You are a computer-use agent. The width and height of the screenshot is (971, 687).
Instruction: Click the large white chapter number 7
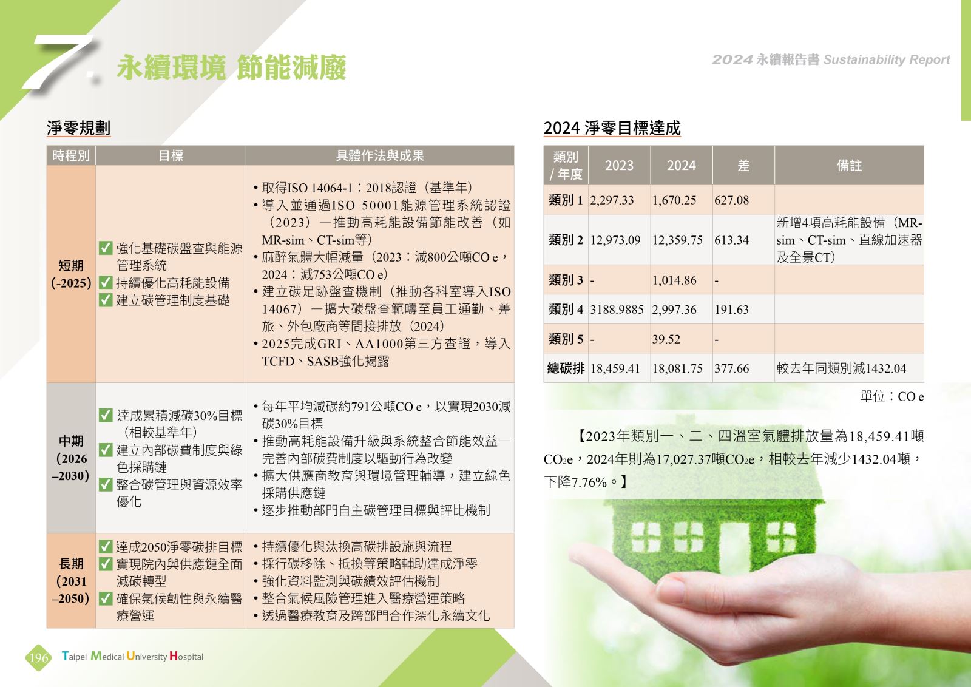(x=61, y=61)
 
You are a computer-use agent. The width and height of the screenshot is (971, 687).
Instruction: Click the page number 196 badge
(x=39, y=657)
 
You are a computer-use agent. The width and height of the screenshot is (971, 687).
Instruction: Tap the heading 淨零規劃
(x=78, y=128)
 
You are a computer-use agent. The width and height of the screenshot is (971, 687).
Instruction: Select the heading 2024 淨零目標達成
(x=612, y=128)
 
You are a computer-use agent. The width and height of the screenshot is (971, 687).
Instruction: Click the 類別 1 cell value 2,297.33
(x=612, y=200)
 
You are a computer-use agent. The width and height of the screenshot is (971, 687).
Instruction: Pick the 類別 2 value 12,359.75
(x=677, y=240)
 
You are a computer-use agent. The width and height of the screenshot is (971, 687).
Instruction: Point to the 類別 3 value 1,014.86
(x=674, y=280)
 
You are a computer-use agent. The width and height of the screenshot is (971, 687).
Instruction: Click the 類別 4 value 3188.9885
(x=617, y=310)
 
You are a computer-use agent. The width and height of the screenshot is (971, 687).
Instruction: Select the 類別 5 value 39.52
(x=666, y=339)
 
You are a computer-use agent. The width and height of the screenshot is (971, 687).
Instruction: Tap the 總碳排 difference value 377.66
(x=732, y=368)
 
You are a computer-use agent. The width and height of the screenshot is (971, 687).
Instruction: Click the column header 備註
(x=849, y=166)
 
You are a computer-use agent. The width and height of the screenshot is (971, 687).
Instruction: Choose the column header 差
(x=743, y=166)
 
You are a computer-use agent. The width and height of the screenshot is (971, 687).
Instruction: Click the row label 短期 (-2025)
(x=71, y=274)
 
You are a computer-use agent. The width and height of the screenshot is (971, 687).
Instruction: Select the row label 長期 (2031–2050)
(x=71, y=581)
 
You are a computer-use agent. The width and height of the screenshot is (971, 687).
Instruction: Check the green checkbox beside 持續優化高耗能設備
(x=106, y=283)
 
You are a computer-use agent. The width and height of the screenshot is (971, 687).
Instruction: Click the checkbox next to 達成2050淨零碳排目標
(x=106, y=547)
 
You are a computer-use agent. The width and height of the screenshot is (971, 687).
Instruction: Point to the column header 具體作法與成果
(x=380, y=155)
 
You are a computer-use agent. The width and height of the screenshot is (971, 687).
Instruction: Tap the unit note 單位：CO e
(x=891, y=396)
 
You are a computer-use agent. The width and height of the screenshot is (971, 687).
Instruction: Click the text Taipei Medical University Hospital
(x=132, y=656)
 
